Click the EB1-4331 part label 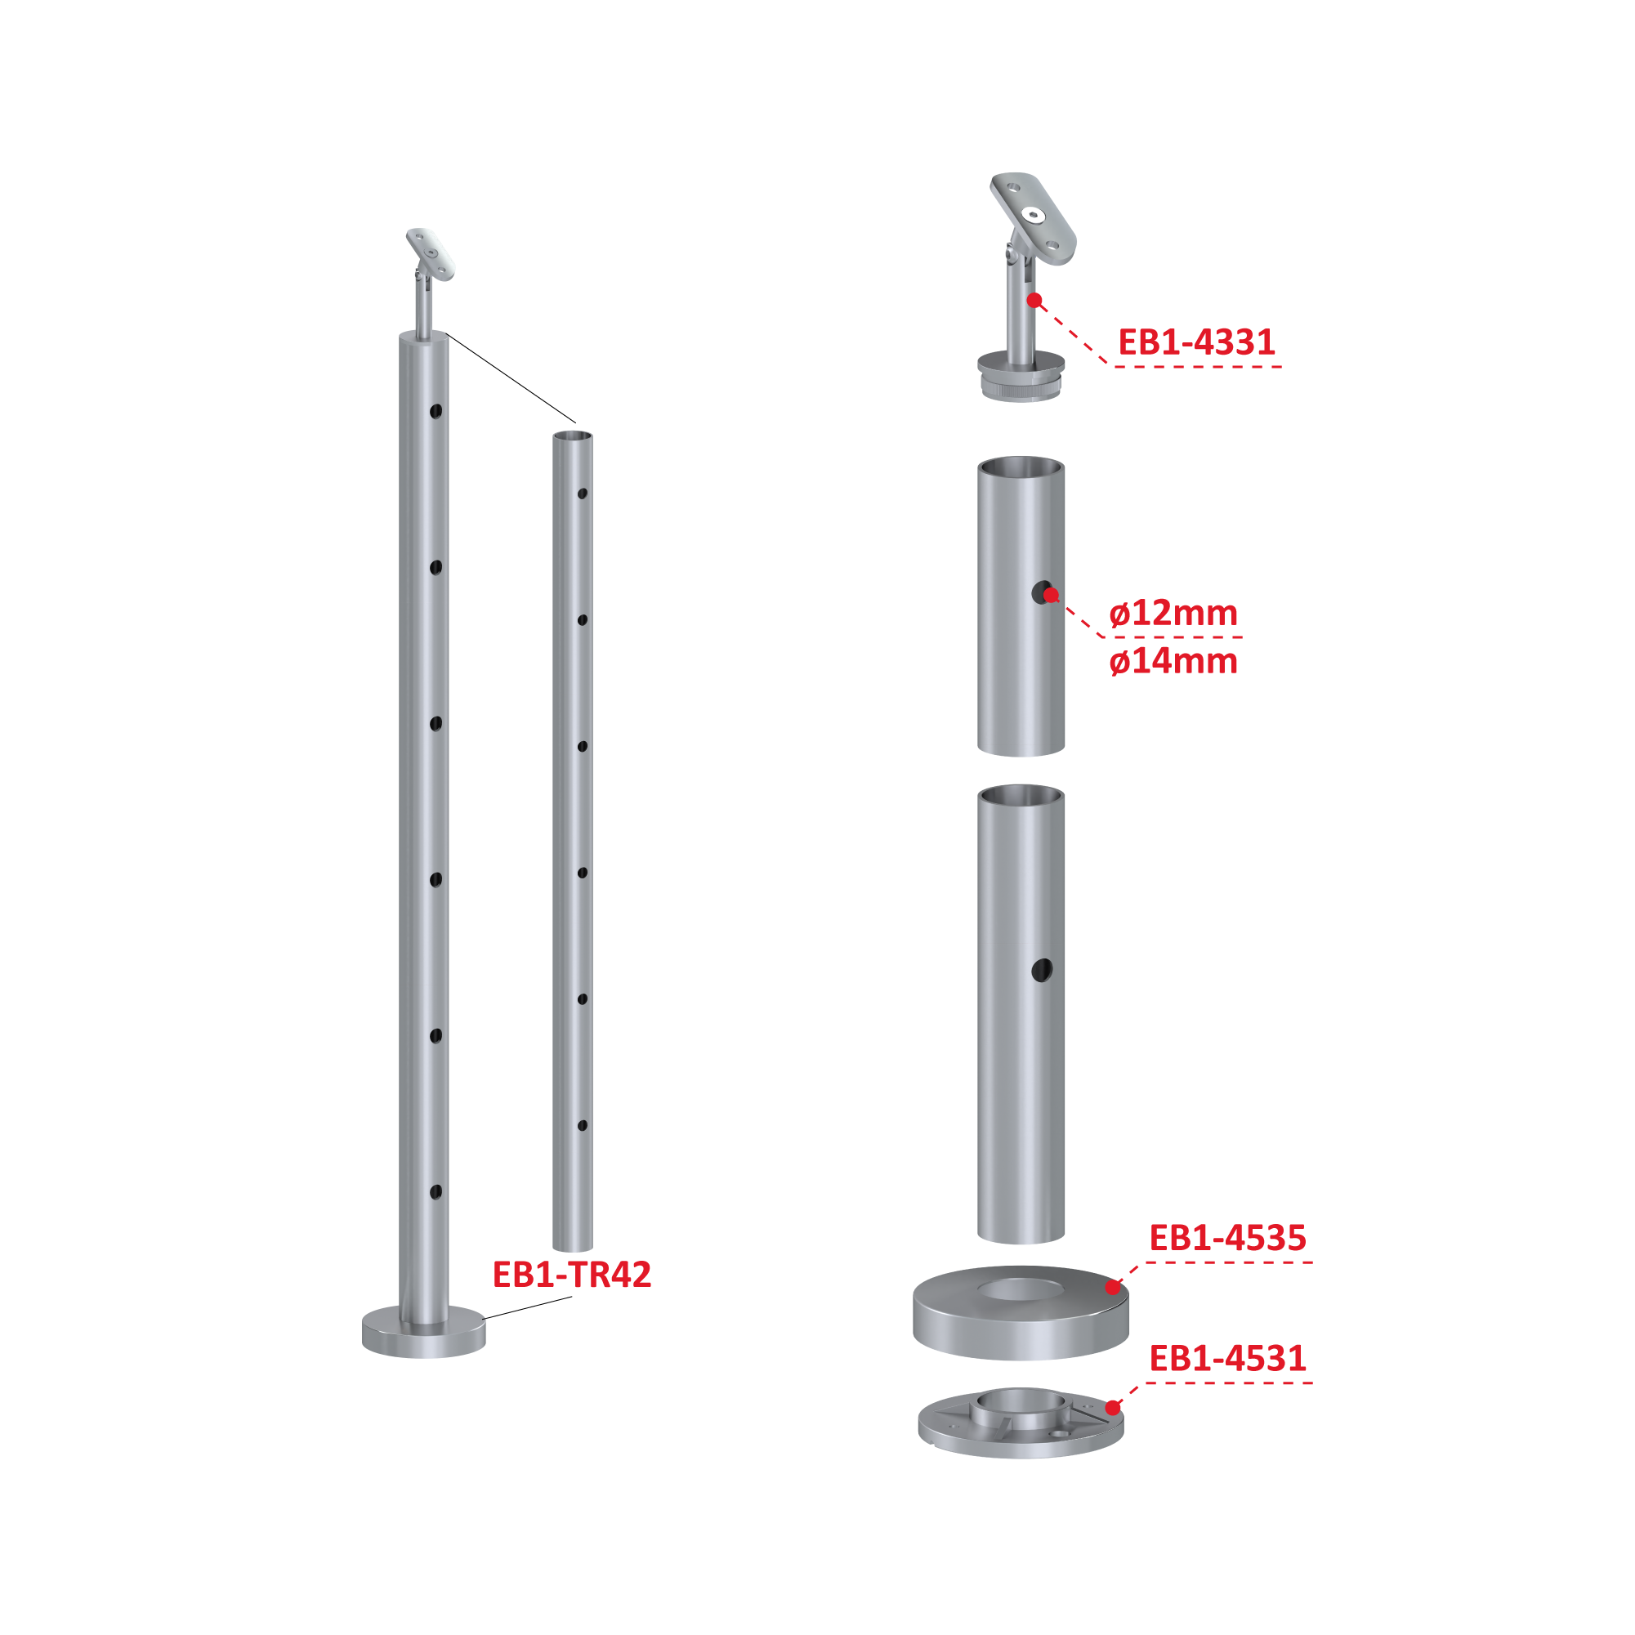pyautogui.click(x=1195, y=342)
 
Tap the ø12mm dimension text pyautogui.click(x=1173, y=613)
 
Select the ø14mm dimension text pyautogui.click(x=1173, y=661)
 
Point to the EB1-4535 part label pyautogui.click(x=1227, y=1238)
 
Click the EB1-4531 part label pyautogui.click(x=1227, y=1358)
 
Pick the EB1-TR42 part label pyautogui.click(x=572, y=1275)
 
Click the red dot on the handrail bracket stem pyautogui.click(x=1034, y=301)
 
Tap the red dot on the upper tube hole pyautogui.click(x=1051, y=595)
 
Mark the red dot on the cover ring pyautogui.click(x=1113, y=1288)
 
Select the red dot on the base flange pyautogui.click(x=1113, y=1408)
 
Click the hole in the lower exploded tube pyautogui.click(x=1042, y=971)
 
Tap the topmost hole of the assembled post pyautogui.click(x=436, y=412)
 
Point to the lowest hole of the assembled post pyautogui.click(x=436, y=1192)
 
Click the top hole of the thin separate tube pyautogui.click(x=583, y=494)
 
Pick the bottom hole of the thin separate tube pyautogui.click(x=583, y=1126)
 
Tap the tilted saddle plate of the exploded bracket pyautogui.click(x=1034, y=217)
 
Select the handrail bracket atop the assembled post pyautogui.click(x=429, y=282)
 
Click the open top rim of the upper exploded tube pyautogui.click(x=1021, y=467)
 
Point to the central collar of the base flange pyautogui.click(x=1021, y=1407)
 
